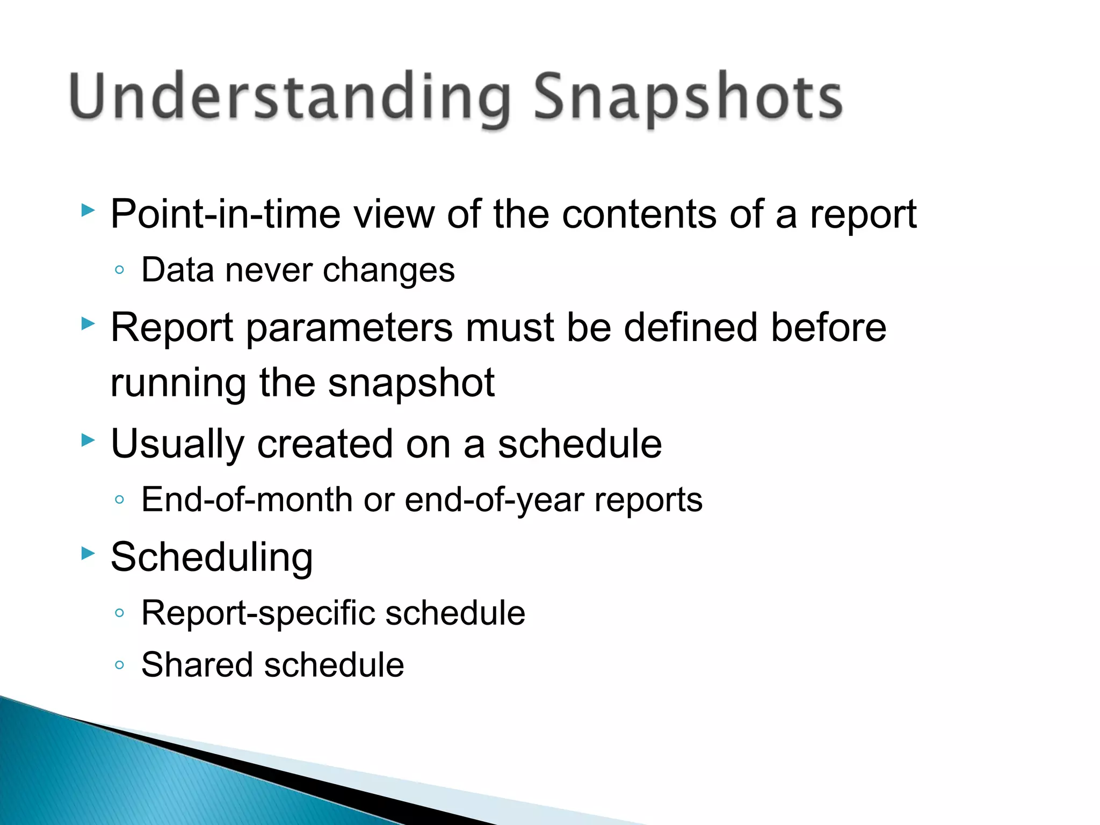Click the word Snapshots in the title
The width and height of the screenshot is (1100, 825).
point(687,98)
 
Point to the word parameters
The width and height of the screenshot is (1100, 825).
point(349,328)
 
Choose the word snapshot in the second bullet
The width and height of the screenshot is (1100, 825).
point(411,383)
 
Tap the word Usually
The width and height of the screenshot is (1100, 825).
point(177,445)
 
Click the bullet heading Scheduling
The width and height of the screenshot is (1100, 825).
point(212,558)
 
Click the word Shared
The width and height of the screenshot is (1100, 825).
point(197,665)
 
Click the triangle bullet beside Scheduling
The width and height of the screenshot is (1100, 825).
point(88,553)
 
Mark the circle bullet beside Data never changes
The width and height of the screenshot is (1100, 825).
point(120,270)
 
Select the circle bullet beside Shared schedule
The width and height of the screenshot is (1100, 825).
point(120,665)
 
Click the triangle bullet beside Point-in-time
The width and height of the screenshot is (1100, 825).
point(88,210)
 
